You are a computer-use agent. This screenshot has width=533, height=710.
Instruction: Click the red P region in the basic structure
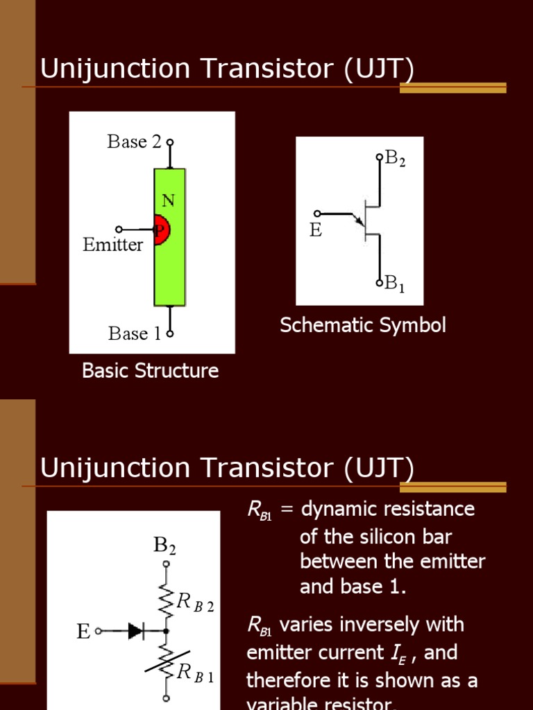[x=161, y=230]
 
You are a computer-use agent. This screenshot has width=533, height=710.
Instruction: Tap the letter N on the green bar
[x=169, y=201]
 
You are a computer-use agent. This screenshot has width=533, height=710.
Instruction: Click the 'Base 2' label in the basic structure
[x=134, y=142]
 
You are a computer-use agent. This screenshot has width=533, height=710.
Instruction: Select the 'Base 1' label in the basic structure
[x=134, y=334]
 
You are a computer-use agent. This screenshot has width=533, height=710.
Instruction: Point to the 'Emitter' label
[x=113, y=245]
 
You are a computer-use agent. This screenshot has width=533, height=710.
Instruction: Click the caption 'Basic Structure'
[x=150, y=371]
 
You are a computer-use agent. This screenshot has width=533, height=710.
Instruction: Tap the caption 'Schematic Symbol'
[x=363, y=325]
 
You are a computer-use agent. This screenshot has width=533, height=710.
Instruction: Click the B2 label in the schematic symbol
[x=395, y=159]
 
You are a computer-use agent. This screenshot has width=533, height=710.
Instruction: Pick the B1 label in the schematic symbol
[x=395, y=283]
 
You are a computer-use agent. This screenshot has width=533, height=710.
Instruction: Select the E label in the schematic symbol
[x=316, y=230]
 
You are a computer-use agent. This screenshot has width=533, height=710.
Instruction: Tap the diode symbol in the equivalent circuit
[x=135, y=631]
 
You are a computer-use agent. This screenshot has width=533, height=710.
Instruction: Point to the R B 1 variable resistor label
[x=195, y=673]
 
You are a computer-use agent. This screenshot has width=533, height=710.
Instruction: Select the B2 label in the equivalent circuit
[x=164, y=546]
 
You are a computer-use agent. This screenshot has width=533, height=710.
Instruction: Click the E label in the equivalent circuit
[x=83, y=632]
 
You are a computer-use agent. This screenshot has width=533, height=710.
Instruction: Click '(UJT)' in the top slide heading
[x=379, y=69]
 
